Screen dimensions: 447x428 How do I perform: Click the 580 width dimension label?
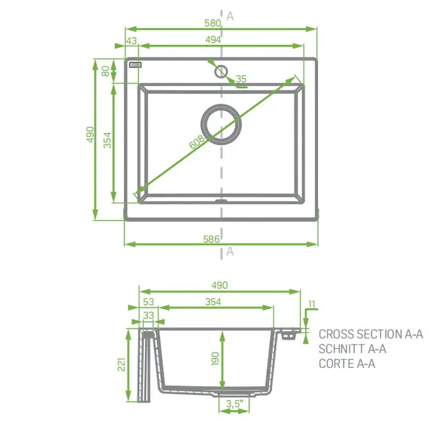(x=213, y=23)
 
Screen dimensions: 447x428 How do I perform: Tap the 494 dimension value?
(x=213, y=40)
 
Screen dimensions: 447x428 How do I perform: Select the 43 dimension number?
(x=132, y=41)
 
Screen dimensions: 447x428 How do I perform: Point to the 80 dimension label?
(x=105, y=71)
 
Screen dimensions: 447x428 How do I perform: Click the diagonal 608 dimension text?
(x=197, y=142)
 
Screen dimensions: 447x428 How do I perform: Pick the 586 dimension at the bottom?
(x=211, y=239)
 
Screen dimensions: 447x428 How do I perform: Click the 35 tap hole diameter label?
(x=241, y=79)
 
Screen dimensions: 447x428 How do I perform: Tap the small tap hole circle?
(x=221, y=72)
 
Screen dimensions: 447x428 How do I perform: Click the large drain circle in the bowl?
(x=221, y=105)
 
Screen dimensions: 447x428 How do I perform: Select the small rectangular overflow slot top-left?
(x=135, y=65)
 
